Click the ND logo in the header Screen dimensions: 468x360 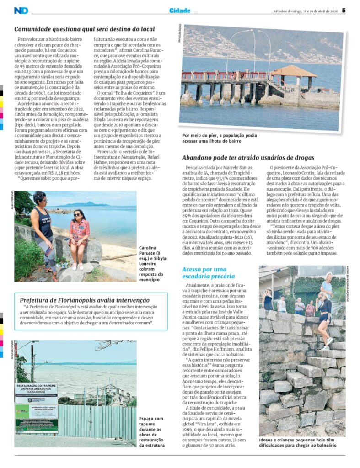click(x=21, y=11)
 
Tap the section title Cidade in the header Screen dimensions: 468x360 click(x=180, y=11)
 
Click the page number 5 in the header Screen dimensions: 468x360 click(x=344, y=11)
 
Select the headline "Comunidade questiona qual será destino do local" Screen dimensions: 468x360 click(x=85, y=29)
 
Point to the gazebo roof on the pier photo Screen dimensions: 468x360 click(x=293, y=71)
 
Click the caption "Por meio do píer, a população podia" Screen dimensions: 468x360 click(x=220, y=136)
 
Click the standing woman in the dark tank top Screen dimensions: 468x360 click(x=43, y=231)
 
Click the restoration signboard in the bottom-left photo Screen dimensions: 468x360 click(x=36, y=407)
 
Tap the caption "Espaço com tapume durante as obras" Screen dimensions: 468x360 click(x=151, y=431)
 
